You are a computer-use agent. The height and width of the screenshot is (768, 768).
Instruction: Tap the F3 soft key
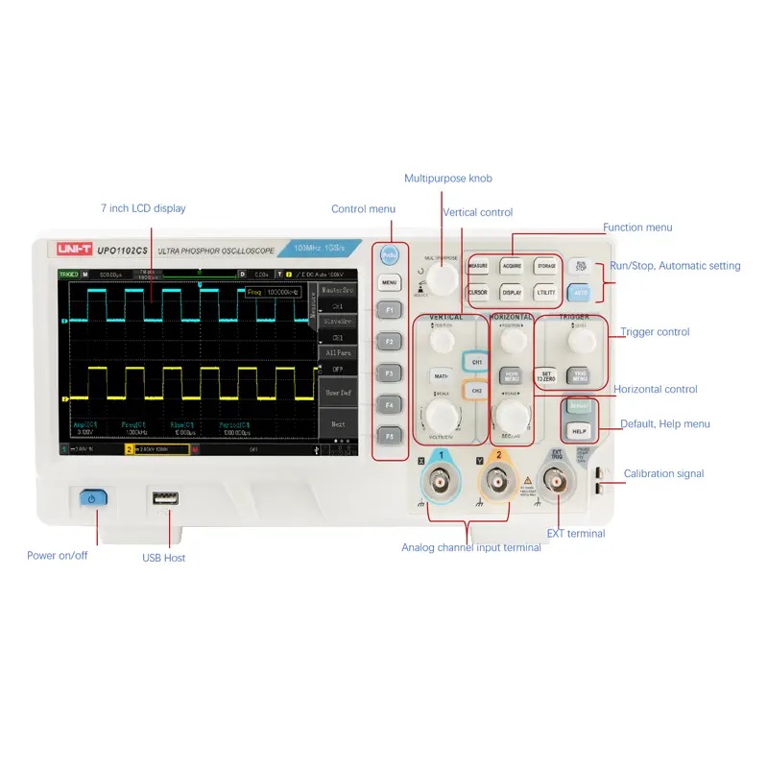pyautogui.click(x=389, y=372)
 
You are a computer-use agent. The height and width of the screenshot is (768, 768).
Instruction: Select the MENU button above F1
pyautogui.click(x=389, y=283)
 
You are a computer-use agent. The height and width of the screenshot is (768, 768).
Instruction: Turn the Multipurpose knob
pyautogui.click(x=443, y=278)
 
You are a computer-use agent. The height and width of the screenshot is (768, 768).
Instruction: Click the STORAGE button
pyautogui.click(x=546, y=266)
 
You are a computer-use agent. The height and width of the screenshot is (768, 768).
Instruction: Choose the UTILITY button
pyautogui.click(x=546, y=292)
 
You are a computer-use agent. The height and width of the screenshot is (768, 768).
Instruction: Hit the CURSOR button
pyautogui.click(x=478, y=292)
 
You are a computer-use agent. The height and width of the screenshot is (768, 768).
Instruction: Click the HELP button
pyautogui.click(x=579, y=432)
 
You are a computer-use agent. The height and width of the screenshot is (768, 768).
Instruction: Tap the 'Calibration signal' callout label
pyautogui.click(x=663, y=473)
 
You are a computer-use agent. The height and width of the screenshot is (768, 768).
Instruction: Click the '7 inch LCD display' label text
pyautogui.click(x=143, y=208)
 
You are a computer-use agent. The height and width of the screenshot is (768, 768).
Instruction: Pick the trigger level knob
pyautogui.click(x=578, y=341)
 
